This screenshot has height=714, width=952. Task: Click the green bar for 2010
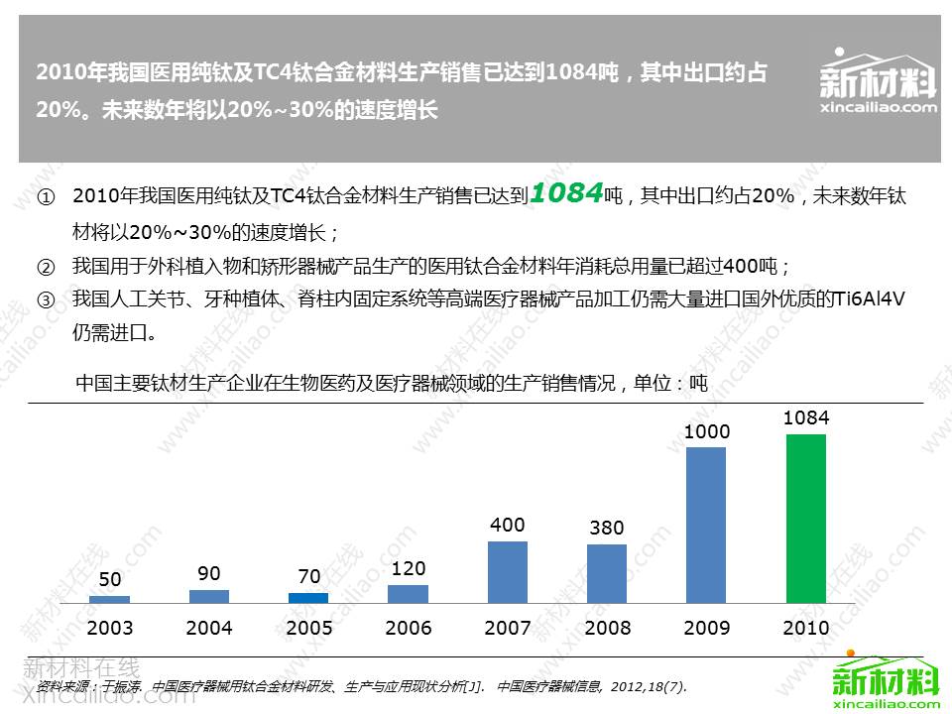(805, 518)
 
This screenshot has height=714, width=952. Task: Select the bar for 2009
(706, 525)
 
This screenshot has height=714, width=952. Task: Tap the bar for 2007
(508, 572)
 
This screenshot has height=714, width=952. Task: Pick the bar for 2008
(607, 573)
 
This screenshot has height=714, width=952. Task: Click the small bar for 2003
(109, 599)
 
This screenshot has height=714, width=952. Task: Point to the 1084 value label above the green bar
(805, 418)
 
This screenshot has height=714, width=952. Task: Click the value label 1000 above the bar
(706, 432)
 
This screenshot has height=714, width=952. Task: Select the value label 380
(607, 529)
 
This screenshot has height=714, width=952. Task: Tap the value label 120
(409, 569)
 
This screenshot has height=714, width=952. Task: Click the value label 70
(308, 576)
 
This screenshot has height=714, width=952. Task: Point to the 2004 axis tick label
(209, 628)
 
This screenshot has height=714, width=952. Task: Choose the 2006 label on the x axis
(409, 628)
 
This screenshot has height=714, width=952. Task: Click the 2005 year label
(308, 628)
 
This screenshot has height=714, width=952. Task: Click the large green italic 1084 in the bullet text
(566, 193)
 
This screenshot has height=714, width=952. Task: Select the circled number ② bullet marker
(46, 267)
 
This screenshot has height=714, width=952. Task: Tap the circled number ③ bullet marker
(46, 299)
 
